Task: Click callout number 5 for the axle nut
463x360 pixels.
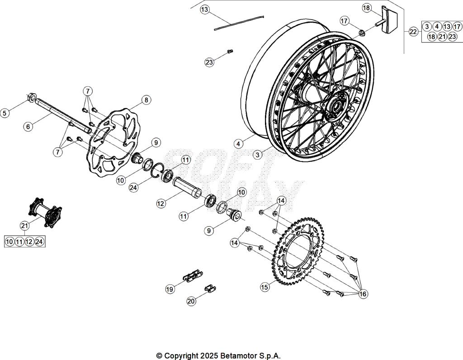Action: click(5, 113)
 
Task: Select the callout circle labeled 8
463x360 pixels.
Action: click(146, 100)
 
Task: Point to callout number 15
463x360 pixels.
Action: click(265, 287)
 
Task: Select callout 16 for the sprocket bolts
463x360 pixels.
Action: click(363, 294)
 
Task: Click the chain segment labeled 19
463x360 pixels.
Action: click(192, 276)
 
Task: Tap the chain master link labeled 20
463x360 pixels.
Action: click(209, 288)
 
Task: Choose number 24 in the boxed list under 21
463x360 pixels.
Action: click(39, 242)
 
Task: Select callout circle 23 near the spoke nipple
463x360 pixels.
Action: click(209, 62)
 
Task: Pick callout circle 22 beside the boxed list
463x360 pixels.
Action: click(413, 32)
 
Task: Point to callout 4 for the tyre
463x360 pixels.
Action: click(238, 143)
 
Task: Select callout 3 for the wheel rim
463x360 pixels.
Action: click(257, 155)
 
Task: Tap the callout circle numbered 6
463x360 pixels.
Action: click(28, 127)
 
